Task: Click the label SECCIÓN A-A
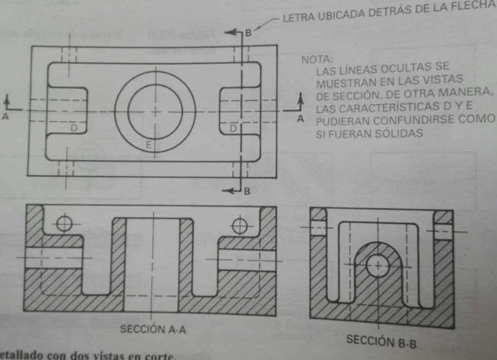click(153, 329)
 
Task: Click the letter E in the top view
click(149, 145)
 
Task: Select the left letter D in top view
click(74, 128)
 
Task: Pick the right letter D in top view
click(233, 128)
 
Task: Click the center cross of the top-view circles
click(155, 111)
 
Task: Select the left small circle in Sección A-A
click(65, 224)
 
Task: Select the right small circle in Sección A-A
click(240, 226)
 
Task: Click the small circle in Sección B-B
click(378, 266)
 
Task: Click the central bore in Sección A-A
click(152, 262)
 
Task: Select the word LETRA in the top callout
click(300, 17)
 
